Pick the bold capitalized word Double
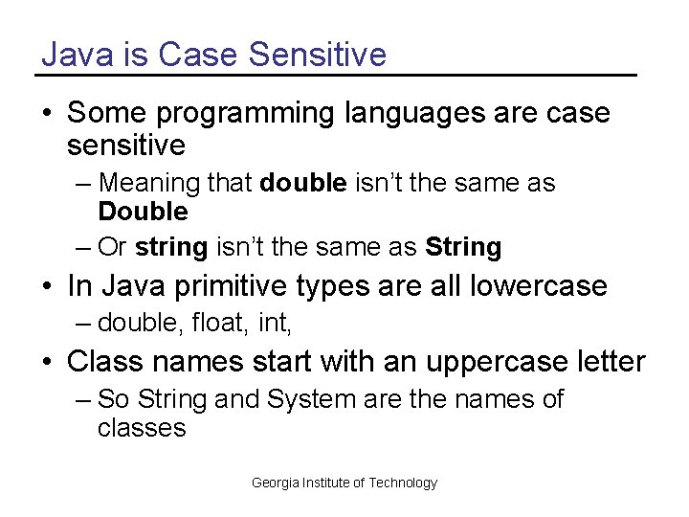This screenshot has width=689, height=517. point(143,211)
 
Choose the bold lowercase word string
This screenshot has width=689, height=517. point(171,247)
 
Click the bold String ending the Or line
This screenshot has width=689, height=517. point(463,247)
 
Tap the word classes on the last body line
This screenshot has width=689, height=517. point(142,427)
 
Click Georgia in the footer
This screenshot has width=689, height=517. point(276,483)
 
